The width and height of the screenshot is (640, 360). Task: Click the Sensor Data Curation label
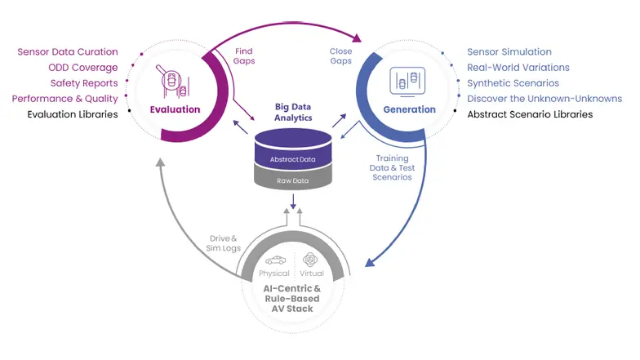pyautogui.click(x=68, y=52)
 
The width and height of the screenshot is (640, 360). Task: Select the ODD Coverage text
pyautogui.click(x=83, y=68)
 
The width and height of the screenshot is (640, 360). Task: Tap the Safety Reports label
pyautogui.click(x=84, y=83)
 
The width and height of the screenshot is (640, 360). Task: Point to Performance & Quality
pyautogui.click(x=65, y=99)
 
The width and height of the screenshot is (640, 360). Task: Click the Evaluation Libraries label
pyautogui.click(x=73, y=114)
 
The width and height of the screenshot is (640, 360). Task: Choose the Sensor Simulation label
pyautogui.click(x=509, y=52)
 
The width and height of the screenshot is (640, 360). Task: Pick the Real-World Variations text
pyautogui.click(x=518, y=68)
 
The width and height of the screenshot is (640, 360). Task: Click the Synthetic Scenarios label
pyautogui.click(x=513, y=83)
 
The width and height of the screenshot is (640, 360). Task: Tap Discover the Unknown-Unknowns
pyautogui.click(x=544, y=99)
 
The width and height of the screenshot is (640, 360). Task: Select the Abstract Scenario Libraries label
pyautogui.click(x=530, y=114)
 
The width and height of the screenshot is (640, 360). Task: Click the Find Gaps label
pyautogui.click(x=243, y=56)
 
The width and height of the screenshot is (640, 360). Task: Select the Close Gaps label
pyautogui.click(x=340, y=56)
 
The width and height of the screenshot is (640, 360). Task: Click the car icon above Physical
pyautogui.click(x=275, y=260)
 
